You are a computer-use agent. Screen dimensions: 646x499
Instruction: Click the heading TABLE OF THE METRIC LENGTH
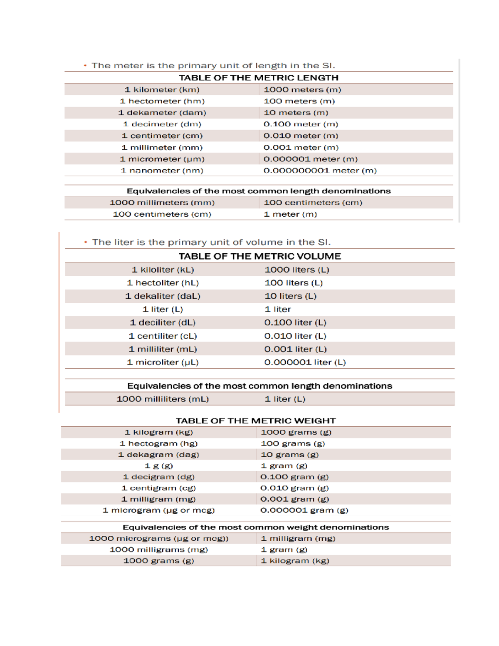(259, 78)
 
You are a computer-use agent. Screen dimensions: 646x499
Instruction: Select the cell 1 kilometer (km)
(162, 89)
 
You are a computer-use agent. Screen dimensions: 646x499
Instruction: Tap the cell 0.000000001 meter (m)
(320, 171)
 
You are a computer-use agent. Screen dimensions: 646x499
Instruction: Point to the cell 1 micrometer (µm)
(162, 159)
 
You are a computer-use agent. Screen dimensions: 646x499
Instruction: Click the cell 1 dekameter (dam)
(162, 113)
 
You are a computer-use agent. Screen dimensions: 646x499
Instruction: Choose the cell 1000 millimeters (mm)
(162, 203)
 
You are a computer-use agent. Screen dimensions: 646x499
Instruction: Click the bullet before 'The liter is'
(86, 242)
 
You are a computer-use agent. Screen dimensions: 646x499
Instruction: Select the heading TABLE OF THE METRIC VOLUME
(260, 256)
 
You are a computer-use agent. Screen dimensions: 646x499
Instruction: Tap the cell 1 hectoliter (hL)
(163, 283)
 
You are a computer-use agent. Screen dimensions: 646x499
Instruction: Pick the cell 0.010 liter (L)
(295, 336)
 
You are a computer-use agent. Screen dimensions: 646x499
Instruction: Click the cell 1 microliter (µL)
(163, 362)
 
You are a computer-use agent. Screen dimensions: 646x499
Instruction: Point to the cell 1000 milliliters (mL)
(163, 399)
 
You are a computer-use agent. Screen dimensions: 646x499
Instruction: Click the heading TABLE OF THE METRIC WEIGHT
(256, 421)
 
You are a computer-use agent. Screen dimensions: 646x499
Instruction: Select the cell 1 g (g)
(159, 466)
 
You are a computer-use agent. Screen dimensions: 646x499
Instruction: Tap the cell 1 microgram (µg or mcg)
(159, 510)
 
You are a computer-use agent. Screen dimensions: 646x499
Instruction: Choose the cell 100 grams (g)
(293, 444)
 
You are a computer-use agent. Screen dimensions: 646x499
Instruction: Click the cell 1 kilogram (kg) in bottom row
(295, 561)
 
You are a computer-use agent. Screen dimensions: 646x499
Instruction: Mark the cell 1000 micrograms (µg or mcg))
(159, 539)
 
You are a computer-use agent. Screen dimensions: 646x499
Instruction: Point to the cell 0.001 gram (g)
(294, 499)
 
